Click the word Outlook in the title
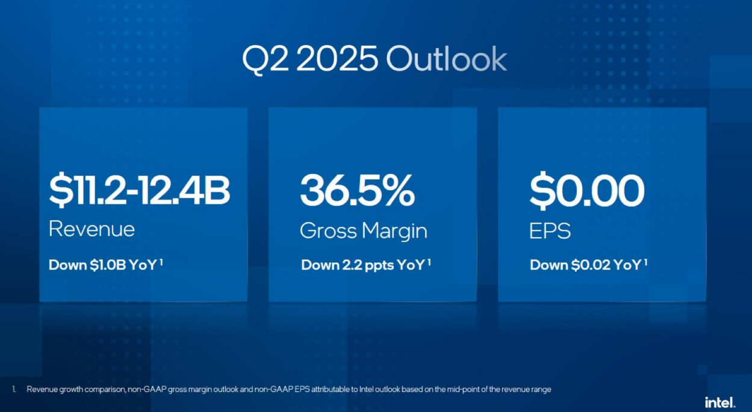pos(447,59)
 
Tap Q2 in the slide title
pos(265,60)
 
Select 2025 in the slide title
pos(337,60)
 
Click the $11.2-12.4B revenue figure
pos(139,190)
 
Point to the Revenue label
pos(92,229)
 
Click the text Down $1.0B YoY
pos(103,265)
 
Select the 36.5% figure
pos(357,190)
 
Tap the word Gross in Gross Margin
pos(329,231)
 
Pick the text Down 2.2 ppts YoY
pos(363,265)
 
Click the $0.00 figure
pos(587,190)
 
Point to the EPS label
pos(550,230)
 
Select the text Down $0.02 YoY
pos(586,265)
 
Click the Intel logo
pos(720,402)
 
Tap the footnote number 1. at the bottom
pos(14,389)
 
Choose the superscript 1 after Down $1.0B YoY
pos(161,262)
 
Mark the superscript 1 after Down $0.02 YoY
pos(645,262)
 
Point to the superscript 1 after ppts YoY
pos(429,262)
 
